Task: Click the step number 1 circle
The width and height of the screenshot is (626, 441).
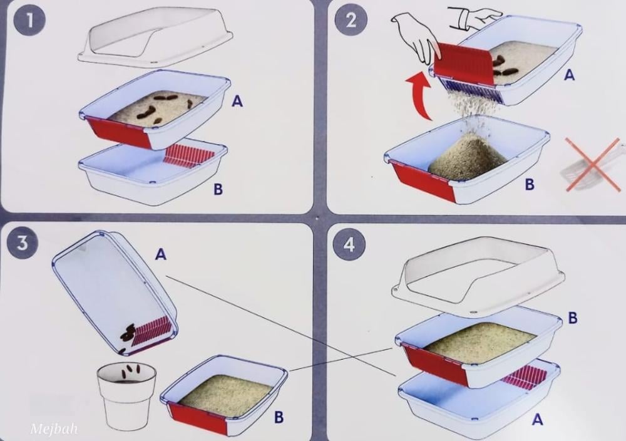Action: [29, 21]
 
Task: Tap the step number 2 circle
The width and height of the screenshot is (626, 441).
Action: [351, 19]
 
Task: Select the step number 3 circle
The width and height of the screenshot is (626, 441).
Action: [22, 242]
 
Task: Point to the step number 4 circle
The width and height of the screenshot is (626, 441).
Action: [349, 244]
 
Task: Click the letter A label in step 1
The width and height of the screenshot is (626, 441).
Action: [237, 101]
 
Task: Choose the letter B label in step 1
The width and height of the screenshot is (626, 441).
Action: [218, 189]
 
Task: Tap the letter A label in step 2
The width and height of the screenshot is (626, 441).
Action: [569, 75]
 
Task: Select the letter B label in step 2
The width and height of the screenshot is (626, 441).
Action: [530, 184]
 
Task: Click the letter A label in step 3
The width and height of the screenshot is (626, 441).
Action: [160, 254]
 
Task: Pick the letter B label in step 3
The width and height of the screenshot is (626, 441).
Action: [279, 417]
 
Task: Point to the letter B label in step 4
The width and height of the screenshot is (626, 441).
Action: [573, 318]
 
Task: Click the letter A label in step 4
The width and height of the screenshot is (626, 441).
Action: [537, 419]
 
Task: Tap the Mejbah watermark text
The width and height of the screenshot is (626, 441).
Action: [54, 430]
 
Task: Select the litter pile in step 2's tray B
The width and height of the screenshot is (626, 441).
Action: [468, 157]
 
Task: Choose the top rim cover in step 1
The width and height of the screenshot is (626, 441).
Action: [155, 40]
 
